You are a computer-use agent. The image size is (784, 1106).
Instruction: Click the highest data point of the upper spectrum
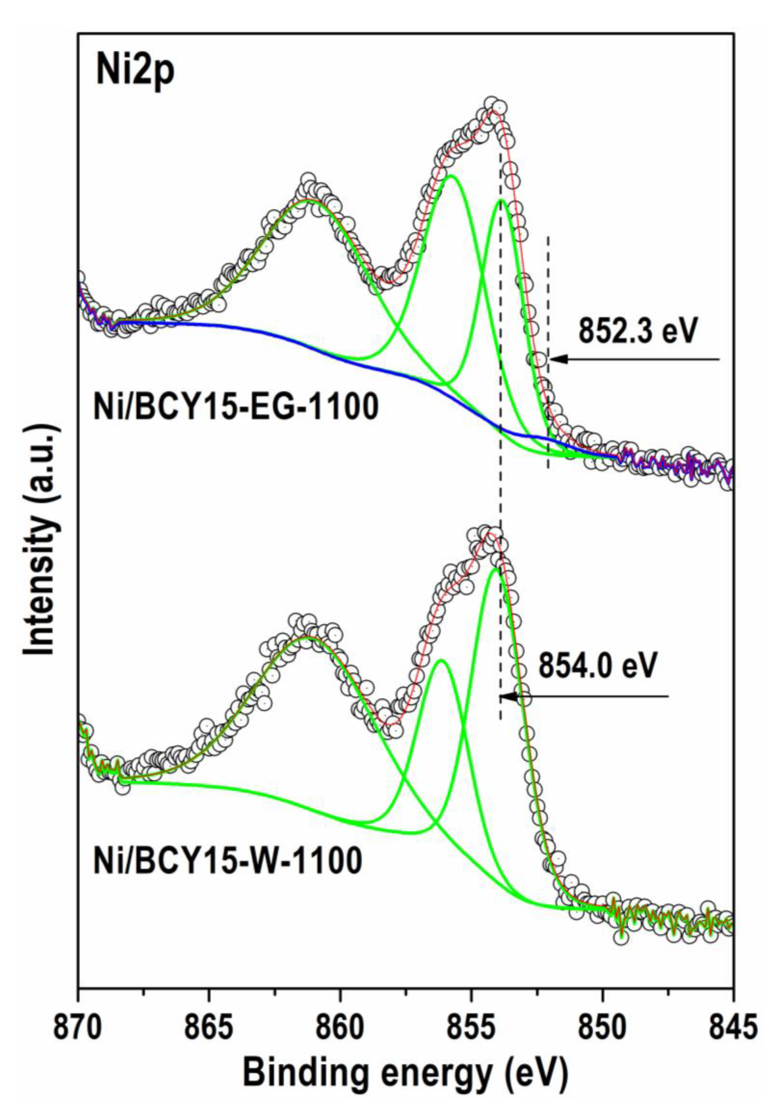491,103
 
